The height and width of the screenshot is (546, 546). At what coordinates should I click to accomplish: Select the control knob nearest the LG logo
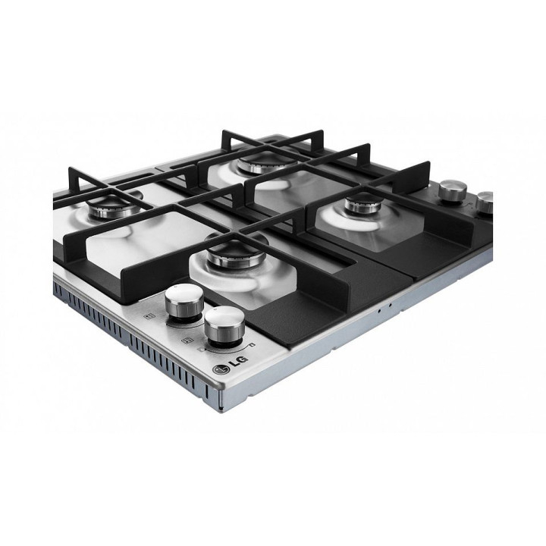tap(224, 325)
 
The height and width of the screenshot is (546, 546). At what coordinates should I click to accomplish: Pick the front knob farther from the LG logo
tap(184, 300)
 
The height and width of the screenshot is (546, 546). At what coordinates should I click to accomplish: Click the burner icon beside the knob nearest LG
tap(188, 340)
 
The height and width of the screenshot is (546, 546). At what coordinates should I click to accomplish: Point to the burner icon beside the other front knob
tap(149, 316)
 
